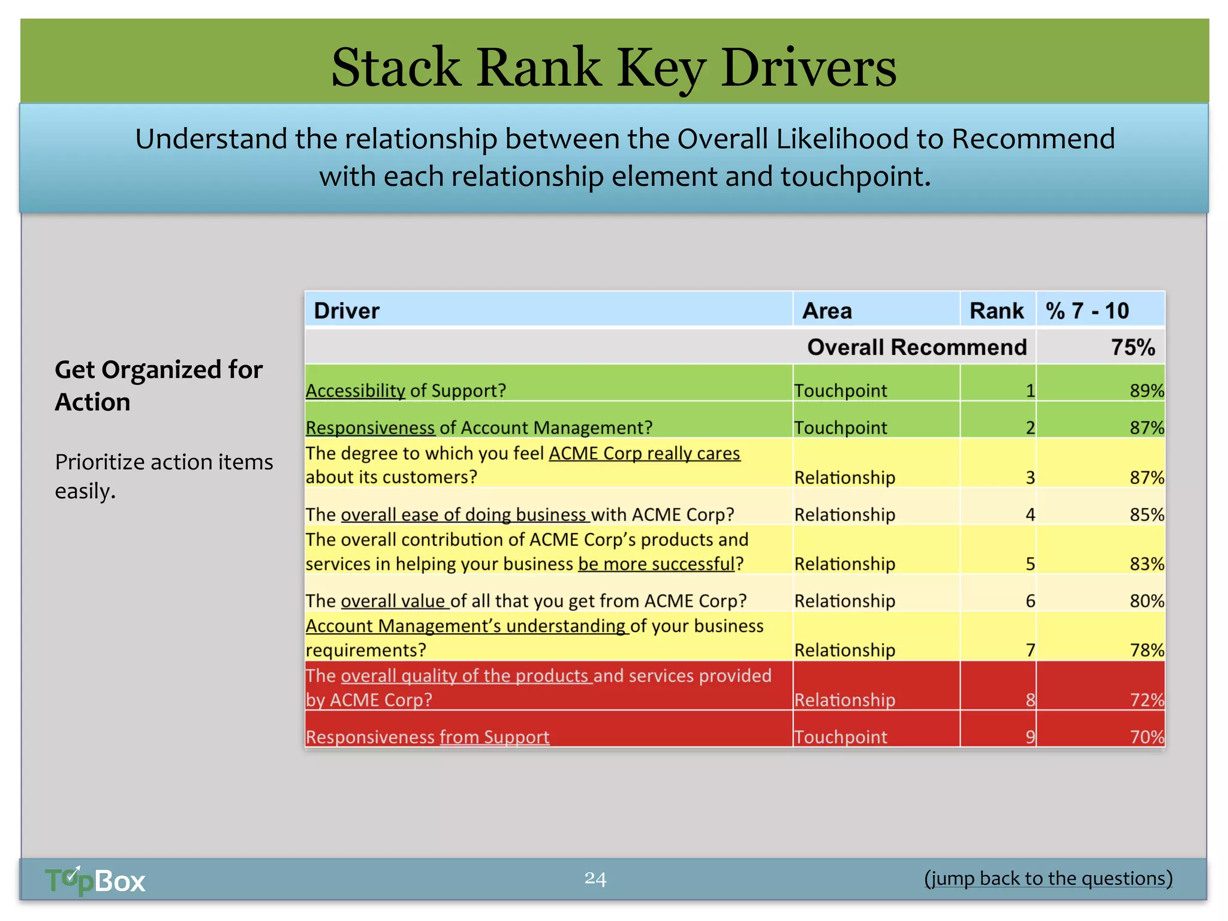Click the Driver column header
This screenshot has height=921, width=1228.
tap(347, 311)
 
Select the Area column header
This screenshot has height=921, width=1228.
tap(827, 311)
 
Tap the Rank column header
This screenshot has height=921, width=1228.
tap(997, 311)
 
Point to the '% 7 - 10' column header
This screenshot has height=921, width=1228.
tap(1086, 311)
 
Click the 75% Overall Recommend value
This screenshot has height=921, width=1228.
tap(1132, 347)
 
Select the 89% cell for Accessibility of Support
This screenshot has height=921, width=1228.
tap(1146, 391)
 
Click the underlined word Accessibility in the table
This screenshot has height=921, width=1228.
tap(356, 391)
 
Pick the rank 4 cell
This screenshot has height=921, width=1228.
tap(1030, 514)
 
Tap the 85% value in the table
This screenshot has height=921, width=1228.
tap(1146, 514)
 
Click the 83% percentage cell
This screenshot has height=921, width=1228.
tap(1146, 564)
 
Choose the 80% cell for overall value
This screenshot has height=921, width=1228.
tap(1146, 601)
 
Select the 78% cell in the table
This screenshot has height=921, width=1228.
tap(1146, 650)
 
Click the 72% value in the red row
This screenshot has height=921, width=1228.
tap(1146, 700)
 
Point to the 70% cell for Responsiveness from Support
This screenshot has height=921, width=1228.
tap(1146, 737)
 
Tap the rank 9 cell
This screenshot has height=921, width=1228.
tap(1030, 737)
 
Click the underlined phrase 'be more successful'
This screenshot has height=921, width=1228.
tap(656, 564)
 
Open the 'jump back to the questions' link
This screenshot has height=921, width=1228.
tap(1048, 878)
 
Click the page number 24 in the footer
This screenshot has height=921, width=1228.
tap(595, 878)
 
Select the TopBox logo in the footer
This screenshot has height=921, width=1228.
tap(95, 881)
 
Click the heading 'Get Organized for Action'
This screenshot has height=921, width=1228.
tap(158, 386)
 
